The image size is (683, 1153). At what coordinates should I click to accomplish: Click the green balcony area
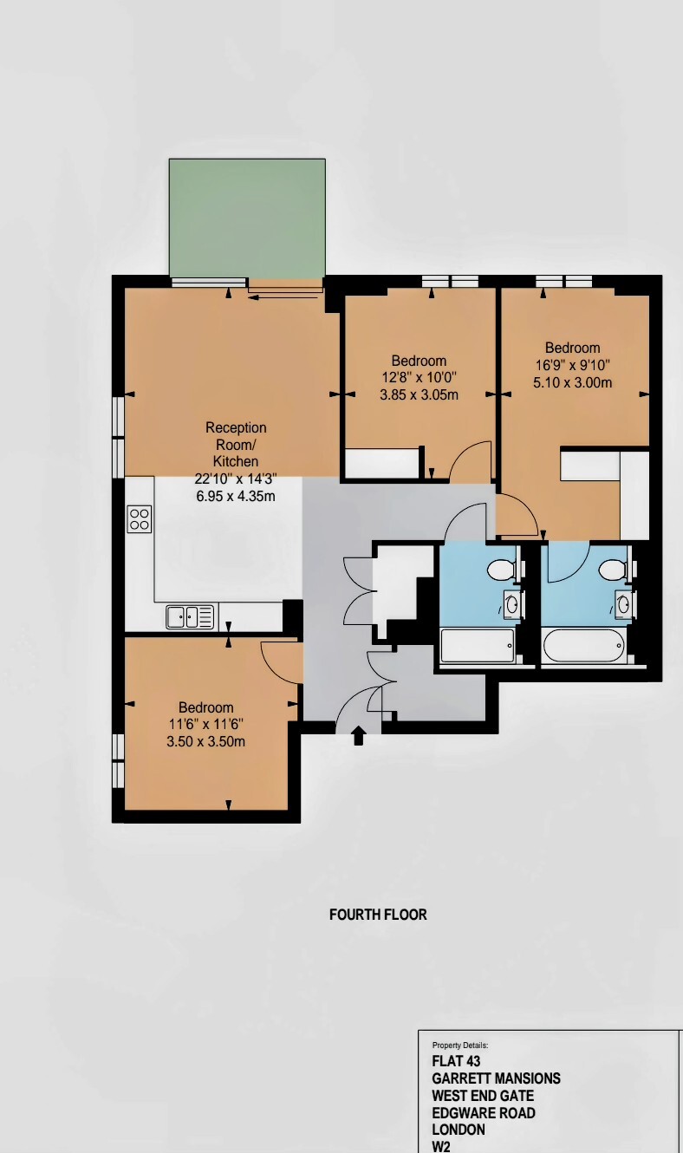click(x=247, y=218)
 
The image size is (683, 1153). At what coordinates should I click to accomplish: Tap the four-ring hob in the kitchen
click(x=140, y=518)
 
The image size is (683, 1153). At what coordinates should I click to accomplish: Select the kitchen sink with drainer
click(x=190, y=616)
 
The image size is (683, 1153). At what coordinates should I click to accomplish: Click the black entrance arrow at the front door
click(x=359, y=735)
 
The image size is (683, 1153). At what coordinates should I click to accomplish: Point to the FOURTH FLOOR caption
click(x=378, y=915)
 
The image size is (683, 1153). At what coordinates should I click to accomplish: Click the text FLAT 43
click(x=456, y=1061)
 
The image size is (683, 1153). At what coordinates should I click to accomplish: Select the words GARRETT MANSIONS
click(x=496, y=1078)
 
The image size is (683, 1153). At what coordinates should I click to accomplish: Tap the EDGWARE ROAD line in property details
click(x=484, y=1112)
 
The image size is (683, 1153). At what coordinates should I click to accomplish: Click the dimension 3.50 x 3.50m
click(x=206, y=742)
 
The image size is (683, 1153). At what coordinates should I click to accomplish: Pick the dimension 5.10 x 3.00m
click(x=572, y=382)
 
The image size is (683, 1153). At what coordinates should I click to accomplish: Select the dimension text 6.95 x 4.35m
click(x=236, y=496)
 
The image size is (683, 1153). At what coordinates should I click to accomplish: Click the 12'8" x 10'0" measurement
click(x=419, y=377)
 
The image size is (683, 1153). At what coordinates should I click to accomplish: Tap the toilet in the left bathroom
click(x=503, y=570)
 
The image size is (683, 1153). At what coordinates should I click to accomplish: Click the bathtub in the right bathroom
click(x=583, y=645)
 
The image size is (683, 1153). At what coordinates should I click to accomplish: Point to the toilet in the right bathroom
click(x=615, y=570)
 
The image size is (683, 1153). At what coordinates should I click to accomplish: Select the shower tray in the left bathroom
click(x=478, y=645)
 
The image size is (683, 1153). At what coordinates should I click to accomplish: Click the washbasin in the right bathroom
click(x=624, y=604)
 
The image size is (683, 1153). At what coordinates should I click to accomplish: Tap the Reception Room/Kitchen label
click(x=236, y=444)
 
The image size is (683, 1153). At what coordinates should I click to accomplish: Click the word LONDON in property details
click(x=459, y=1130)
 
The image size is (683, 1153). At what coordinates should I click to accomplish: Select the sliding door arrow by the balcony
click(x=283, y=296)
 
